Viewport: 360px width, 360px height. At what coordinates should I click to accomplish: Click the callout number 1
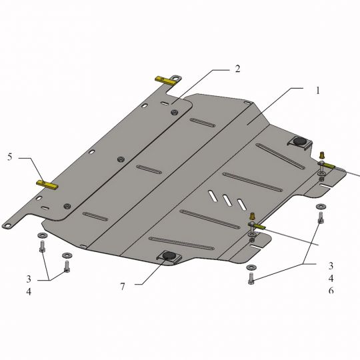point(318,91)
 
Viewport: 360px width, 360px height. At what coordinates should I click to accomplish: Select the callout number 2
point(237,69)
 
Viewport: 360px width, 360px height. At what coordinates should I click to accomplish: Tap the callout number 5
point(9,157)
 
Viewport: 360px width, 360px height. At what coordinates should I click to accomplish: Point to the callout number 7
point(123,287)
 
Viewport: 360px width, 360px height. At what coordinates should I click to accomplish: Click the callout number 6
point(331,291)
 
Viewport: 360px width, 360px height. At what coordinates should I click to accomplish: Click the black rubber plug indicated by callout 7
point(169,255)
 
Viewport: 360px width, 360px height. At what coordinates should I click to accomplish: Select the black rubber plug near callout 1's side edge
point(299,141)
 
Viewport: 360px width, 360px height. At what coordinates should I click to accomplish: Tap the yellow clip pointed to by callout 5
point(47,185)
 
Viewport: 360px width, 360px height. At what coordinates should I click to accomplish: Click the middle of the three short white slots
point(227,200)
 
